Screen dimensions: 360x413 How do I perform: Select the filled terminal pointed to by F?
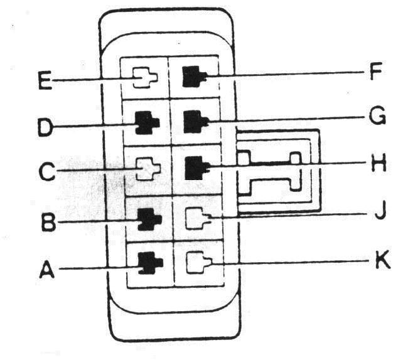pos(193,77)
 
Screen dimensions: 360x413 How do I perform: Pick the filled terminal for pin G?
pos(193,121)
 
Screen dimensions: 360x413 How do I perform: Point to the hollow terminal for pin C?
pos(147,169)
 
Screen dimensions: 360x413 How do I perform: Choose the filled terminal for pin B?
pos(148,219)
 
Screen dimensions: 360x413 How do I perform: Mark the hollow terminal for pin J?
pos(197,217)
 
